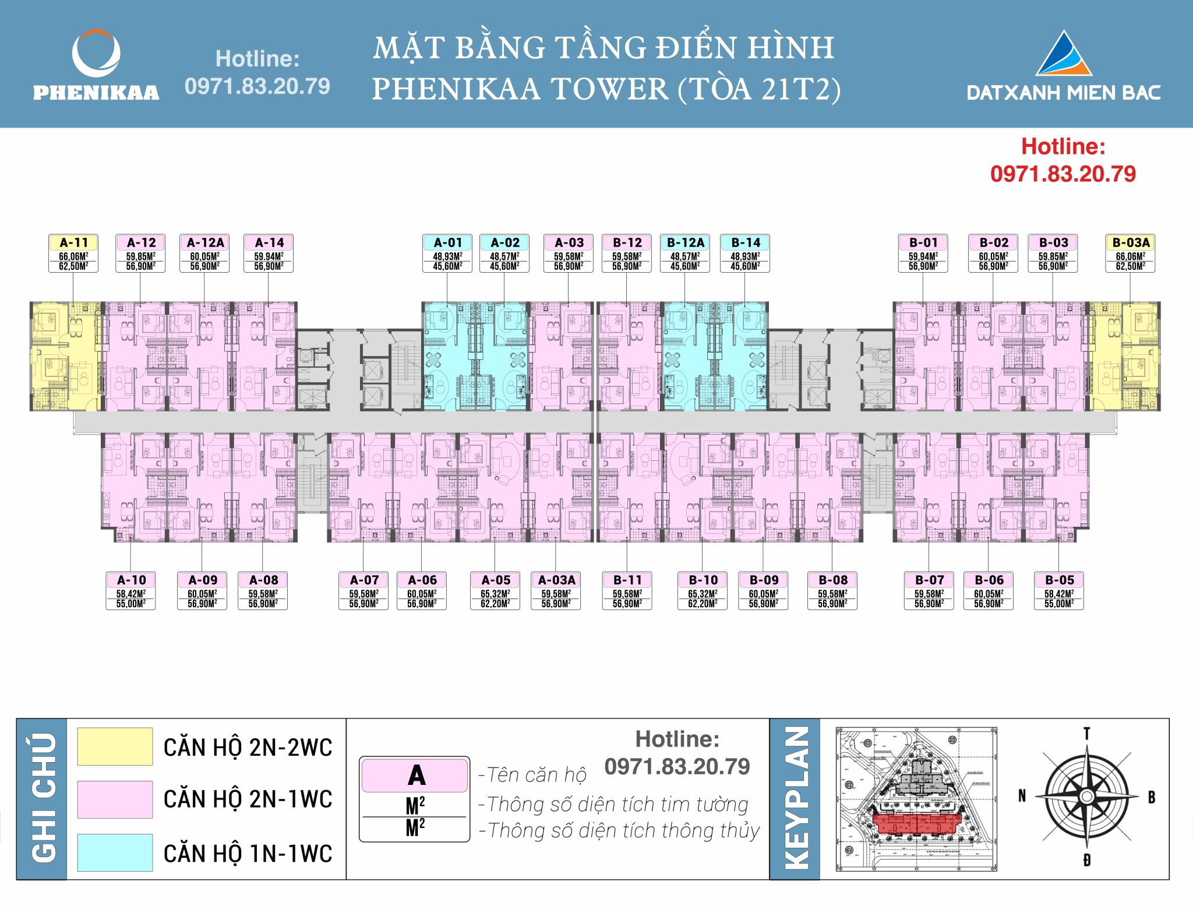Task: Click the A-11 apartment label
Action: pos(73,242)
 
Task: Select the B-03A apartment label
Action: pos(1130,242)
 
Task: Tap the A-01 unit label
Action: pos(447,242)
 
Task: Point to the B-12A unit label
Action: pos(685,242)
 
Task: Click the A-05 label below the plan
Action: pos(495,580)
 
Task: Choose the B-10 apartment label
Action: pos(703,580)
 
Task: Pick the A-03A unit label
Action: pos(556,580)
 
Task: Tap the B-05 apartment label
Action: pos(1059,580)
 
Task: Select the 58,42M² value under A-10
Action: pos(131,594)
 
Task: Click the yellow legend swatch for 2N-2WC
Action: pos(115,746)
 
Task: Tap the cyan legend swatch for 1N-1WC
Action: pos(115,852)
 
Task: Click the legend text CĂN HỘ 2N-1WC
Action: pos(248,799)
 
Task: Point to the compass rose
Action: pos(1086,797)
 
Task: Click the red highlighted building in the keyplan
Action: pos(917,824)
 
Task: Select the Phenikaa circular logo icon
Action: pos(96,54)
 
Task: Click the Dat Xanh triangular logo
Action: pos(1063,54)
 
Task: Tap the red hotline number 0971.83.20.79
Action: pos(1063,174)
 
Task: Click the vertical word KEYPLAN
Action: pos(796,798)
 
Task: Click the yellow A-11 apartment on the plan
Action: pos(65,357)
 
